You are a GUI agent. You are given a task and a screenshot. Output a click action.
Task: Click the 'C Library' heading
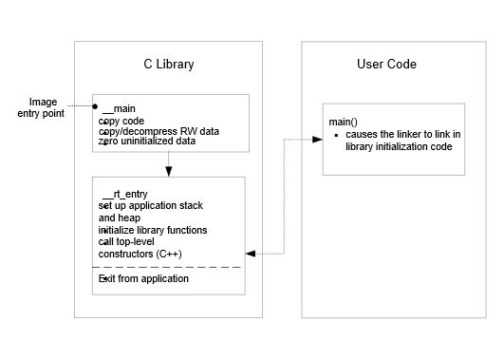pyautogui.click(x=169, y=65)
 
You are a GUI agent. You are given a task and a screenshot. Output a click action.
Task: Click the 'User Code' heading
pyautogui.click(x=386, y=64)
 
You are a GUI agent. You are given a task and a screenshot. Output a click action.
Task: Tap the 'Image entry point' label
pyautogui.click(x=41, y=107)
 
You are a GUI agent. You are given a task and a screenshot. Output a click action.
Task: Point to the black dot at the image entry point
pyautogui.click(x=95, y=106)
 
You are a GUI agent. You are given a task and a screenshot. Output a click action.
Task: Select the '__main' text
pyautogui.click(x=119, y=108)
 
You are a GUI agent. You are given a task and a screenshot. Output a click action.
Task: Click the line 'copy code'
pyautogui.click(x=121, y=121)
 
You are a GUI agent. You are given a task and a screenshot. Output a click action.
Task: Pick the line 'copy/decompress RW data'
pyautogui.click(x=159, y=131)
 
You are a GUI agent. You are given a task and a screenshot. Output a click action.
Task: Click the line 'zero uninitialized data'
pyautogui.click(x=147, y=141)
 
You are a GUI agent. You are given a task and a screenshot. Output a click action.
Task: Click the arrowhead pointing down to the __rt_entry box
pyautogui.click(x=168, y=172)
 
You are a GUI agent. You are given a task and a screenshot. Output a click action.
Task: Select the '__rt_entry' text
pyautogui.click(x=124, y=194)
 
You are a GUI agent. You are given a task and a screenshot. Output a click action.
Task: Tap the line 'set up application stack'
pyautogui.click(x=150, y=205)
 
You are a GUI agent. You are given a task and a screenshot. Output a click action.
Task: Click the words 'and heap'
pyautogui.click(x=120, y=218)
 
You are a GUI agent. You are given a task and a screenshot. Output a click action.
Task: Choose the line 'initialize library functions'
pyautogui.click(x=153, y=230)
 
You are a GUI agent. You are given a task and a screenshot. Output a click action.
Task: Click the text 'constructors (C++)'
pyautogui.click(x=140, y=254)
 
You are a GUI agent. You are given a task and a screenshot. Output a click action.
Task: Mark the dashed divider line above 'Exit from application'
pyautogui.click(x=166, y=267)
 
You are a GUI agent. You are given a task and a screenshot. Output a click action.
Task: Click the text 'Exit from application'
pyautogui.click(x=143, y=278)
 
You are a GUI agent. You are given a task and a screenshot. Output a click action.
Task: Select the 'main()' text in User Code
pyautogui.click(x=343, y=122)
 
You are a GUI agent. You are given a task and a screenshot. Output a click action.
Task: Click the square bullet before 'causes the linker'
pyautogui.click(x=337, y=136)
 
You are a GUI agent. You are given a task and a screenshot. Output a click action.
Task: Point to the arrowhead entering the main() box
pyautogui.click(x=317, y=140)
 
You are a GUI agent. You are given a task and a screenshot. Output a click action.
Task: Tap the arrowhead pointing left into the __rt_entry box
pyautogui.click(x=251, y=254)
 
